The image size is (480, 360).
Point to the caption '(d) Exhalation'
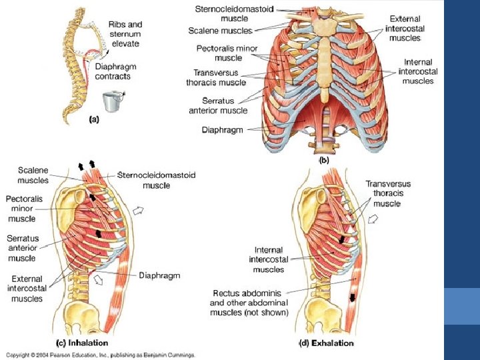point(326,343)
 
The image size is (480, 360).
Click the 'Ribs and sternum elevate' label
point(125,34)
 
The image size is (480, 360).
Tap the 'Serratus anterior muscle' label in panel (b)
point(218,105)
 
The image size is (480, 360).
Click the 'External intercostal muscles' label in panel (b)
point(405,29)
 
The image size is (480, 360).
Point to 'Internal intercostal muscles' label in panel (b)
point(418,71)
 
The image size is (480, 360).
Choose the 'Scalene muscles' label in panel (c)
point(33,175)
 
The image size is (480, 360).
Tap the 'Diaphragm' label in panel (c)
point(159,275)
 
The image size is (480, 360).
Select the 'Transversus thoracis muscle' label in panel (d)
point(388,193)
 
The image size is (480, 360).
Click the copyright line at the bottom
point(100,355)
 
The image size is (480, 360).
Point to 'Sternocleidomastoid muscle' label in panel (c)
point(157,179)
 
